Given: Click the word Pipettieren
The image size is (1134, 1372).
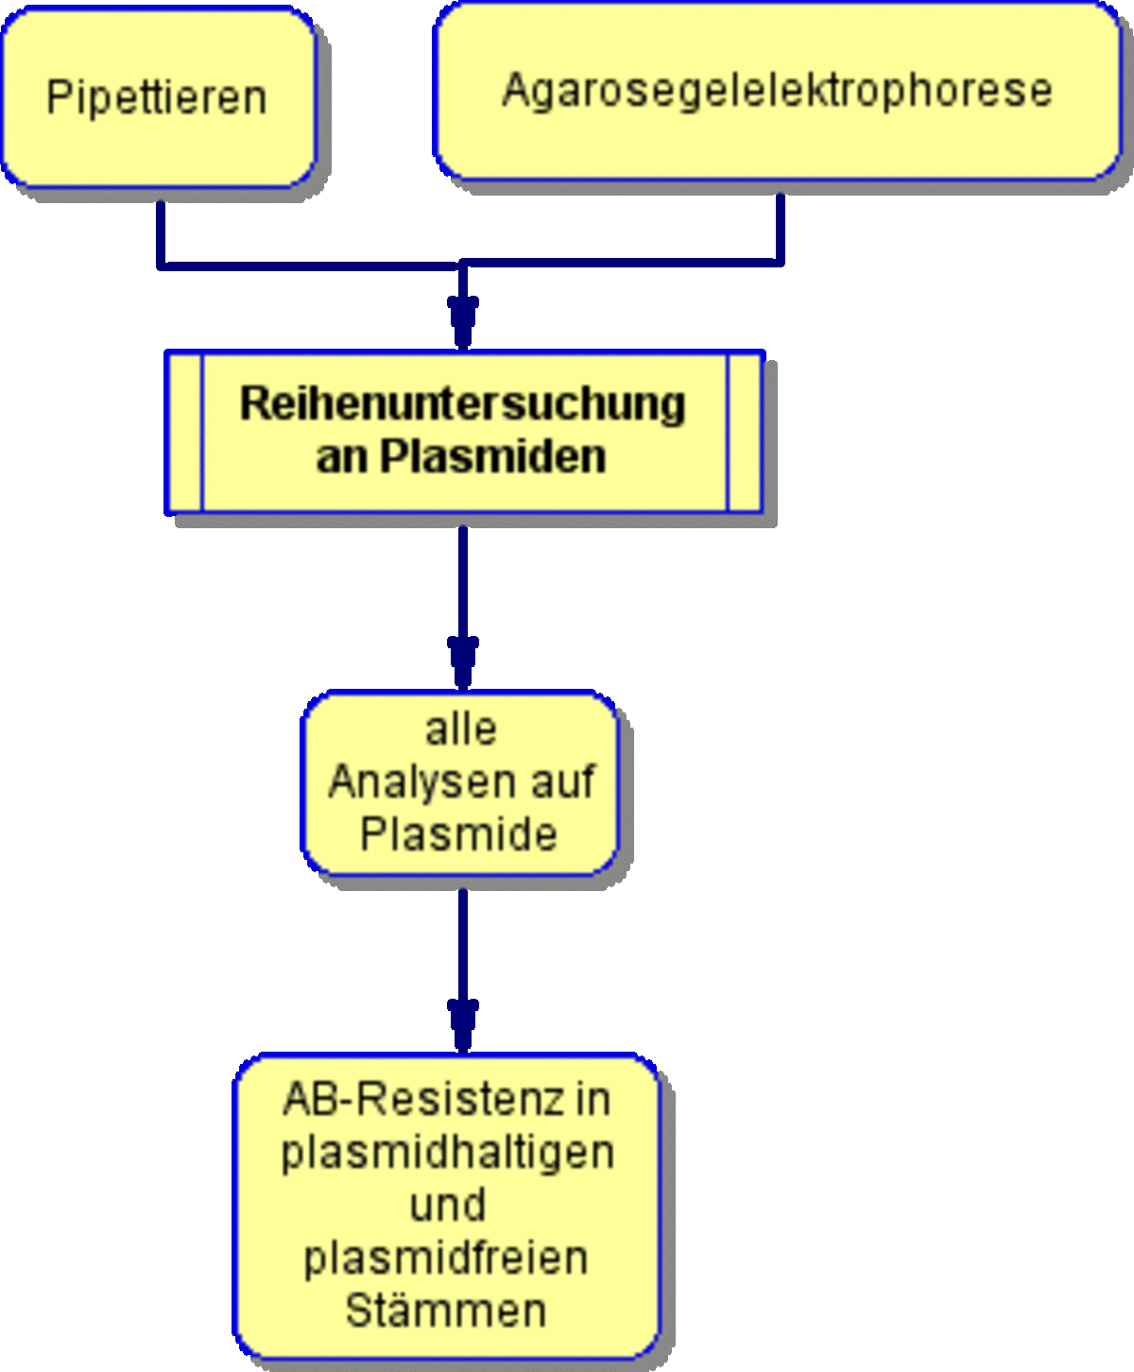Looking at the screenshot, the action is coord(157,98).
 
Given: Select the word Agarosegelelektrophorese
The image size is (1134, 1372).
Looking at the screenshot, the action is coord(777,91).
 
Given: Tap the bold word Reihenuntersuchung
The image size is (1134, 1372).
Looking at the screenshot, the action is coord(463,403).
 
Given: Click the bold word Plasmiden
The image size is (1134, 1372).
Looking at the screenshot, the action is coord(493,456).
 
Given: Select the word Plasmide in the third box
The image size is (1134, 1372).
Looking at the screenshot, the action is coord(459,834).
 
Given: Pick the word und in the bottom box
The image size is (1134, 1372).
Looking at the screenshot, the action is coord(448,1205).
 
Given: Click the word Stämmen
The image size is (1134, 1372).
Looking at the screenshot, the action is coord(446,1310).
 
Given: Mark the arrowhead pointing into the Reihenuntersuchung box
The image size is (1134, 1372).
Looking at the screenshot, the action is coord(463,322).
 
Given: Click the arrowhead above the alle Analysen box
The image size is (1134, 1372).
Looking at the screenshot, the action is coord(463,662).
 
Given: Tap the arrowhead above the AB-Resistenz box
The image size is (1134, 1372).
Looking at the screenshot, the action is coord(463,1026).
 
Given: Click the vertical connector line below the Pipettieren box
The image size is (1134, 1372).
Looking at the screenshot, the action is coord(161,234).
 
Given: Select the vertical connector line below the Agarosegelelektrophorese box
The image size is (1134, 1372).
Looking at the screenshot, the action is coord(781,229).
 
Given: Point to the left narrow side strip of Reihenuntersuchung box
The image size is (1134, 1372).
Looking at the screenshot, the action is coord(184,433).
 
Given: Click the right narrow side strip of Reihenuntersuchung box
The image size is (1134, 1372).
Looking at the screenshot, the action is coord(745,433).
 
